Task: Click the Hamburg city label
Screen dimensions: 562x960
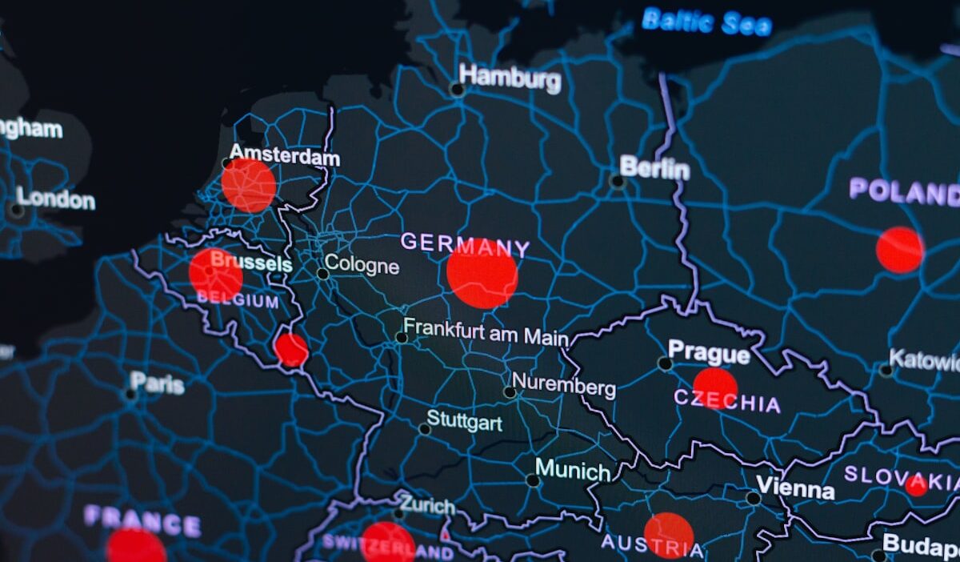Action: coord(510,78)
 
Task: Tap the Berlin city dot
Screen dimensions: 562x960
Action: coord(617,182)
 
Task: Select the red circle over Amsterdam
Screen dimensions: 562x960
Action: coord(249,186)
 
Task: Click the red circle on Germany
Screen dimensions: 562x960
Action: coord(482,275)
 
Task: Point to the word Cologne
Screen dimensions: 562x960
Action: coord(362,264)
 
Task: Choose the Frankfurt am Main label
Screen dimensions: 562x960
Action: coord(486,331)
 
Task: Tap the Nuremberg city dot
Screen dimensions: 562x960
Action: coord(510,392)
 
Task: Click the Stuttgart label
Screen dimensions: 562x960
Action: coord(464,420)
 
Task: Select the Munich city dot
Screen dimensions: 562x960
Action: coord(533,480)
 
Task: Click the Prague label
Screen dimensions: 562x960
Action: coord(709,351)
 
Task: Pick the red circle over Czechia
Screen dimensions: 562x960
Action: coord(715,388)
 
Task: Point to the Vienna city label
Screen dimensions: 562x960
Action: coord(795,488)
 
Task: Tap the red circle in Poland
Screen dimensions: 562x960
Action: coord(899,250)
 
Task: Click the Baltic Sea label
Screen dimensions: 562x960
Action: coord(707,22)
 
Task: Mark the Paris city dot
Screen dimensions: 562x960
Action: coord(130,394)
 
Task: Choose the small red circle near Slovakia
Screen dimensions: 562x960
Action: coord(917,485)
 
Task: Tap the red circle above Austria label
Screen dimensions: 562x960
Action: coord(669,535)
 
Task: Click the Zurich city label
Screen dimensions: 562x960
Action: coord(427,505)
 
